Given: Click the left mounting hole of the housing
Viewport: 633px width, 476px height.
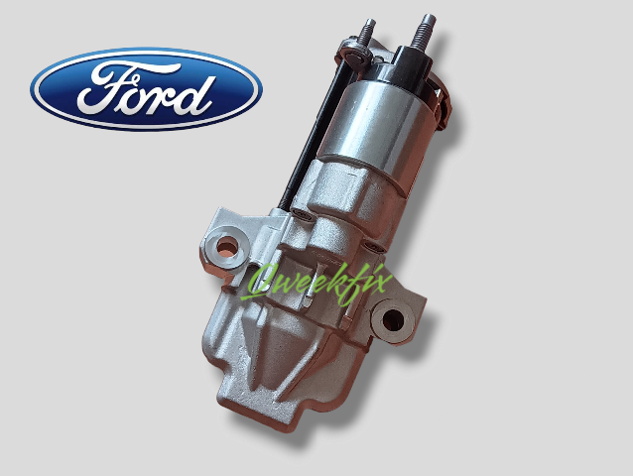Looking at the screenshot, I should pyautogui.click(x=225, y=245).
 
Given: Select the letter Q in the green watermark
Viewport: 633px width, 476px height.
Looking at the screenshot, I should pyautogui.click(x=264, y=280).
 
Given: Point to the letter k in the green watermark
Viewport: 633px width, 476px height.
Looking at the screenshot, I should pyautogui.click(x=337, y=276).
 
